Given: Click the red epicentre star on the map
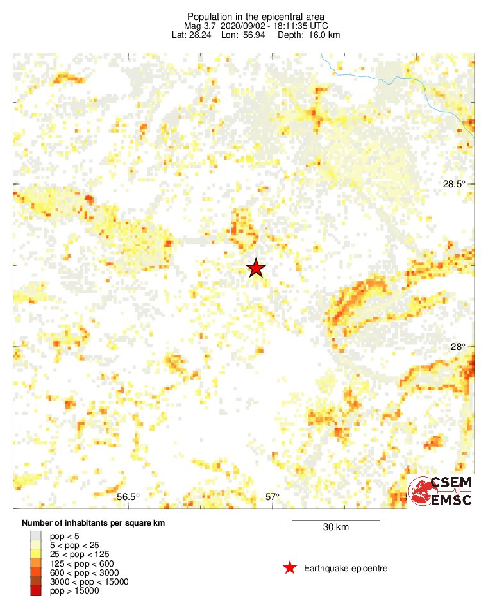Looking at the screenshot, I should [256, 268].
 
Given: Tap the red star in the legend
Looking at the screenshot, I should [290, 567].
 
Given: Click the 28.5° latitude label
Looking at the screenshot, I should [454, 184].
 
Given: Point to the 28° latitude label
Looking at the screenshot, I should [458, 347].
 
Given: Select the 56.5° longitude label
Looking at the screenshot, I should [128, 497].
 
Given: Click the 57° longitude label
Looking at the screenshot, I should [273, 497].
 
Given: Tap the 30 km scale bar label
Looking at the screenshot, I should [335, 528].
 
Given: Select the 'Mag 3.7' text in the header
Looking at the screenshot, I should [198, 26].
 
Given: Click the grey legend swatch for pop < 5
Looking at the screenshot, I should [36, 535].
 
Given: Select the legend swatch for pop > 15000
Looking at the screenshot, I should [36, 590].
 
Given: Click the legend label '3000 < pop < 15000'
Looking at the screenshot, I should [89, 581].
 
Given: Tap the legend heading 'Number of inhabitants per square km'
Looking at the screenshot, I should [93, 523].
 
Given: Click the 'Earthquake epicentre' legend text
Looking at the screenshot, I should [346, 568].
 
